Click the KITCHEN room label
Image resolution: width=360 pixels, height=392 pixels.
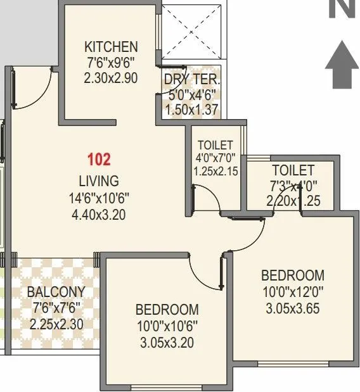coord(111,47)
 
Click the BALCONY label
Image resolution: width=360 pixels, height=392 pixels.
coord(56,292)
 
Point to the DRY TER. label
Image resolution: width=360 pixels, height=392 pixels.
coord(191,80)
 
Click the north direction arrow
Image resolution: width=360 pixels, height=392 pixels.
coord(342,62)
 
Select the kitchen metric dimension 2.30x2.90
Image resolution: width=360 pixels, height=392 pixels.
coord(111,79)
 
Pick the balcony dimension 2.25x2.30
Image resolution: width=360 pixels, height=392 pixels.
coord(56,325)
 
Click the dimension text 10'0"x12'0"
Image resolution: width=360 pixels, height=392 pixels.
coord(293,293)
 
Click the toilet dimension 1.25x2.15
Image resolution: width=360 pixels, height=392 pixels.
coord(215,171)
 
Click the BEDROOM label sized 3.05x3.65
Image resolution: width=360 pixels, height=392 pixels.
coord(293,275)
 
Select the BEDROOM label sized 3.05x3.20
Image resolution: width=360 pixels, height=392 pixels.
coord(167,310)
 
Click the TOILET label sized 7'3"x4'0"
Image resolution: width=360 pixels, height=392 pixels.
coord(293,170)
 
